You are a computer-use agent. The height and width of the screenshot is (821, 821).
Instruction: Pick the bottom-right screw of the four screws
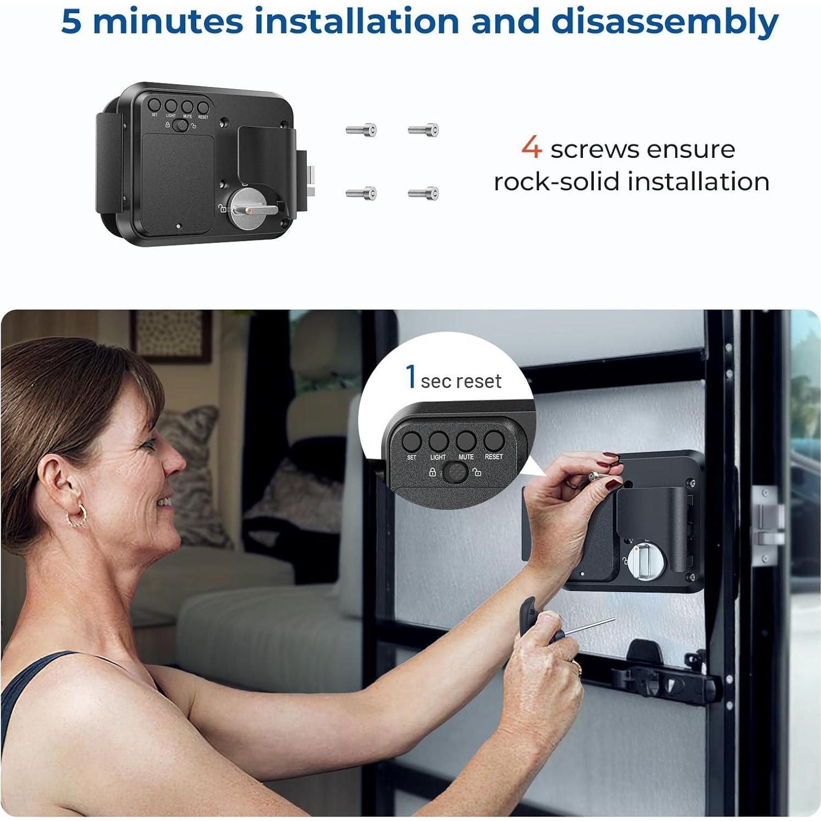424,193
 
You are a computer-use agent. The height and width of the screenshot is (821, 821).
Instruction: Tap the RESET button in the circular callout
493,441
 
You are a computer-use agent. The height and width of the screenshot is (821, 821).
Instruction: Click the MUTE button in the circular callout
466,441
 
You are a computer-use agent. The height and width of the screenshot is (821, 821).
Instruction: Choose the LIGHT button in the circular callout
438,441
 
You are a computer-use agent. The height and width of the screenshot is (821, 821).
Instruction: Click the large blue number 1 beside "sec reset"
410,377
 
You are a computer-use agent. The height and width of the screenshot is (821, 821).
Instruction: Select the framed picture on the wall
171,335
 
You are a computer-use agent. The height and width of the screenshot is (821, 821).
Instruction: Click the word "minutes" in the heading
168,22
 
